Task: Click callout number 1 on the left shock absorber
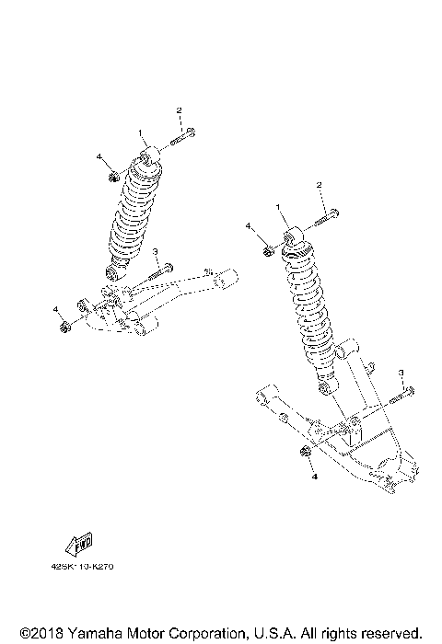click(x=141, y=132)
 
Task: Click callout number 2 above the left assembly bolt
click(x=180, y=110)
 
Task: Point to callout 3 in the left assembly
click(x=157, y=252)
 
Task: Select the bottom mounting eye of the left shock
click(x=114, y=270)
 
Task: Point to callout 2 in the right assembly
click(x=320, y=186)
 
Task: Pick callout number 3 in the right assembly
click(x=401, y=372)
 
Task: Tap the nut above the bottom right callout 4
click(x=304, y=452)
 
